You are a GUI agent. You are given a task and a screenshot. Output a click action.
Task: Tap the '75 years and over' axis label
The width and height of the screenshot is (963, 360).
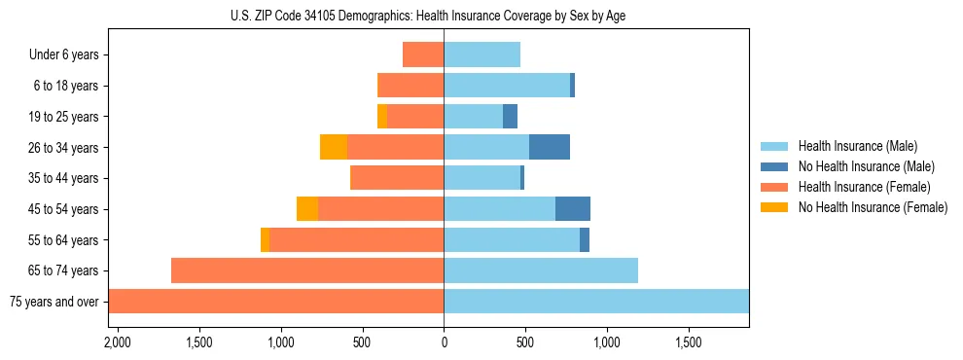point(53,302)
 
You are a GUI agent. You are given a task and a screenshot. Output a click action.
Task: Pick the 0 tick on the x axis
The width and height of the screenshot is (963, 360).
point(444,342)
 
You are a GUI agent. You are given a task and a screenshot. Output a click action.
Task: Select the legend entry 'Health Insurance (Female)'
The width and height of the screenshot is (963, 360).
point(864,187)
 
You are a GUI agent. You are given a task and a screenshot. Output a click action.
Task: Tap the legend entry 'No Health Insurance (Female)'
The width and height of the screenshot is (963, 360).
point(873,207)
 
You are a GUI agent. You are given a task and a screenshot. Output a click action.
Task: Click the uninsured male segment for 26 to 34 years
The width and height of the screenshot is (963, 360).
point(550,147)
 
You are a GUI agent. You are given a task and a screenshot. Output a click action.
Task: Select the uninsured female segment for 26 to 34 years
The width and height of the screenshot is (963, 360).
point(334,147)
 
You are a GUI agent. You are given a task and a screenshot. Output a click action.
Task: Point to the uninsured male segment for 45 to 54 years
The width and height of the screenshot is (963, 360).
point(573,209)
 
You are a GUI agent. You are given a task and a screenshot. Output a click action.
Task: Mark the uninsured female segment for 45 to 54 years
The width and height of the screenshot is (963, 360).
point(307,209)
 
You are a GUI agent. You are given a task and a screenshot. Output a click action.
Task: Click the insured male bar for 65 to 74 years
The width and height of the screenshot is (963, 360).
point(541,270)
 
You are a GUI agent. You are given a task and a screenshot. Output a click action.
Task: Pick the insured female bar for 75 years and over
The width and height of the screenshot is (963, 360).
point(276,302)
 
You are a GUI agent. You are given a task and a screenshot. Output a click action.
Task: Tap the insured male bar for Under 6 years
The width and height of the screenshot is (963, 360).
point(481,54)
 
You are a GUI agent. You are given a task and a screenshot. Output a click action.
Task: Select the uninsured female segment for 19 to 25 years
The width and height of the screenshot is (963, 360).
point(382,117)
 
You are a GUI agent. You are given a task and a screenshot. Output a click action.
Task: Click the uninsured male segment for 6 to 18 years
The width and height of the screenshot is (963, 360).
point(572,86)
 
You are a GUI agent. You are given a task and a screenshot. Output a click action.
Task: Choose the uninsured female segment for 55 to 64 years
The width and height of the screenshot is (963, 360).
point(265,240)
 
